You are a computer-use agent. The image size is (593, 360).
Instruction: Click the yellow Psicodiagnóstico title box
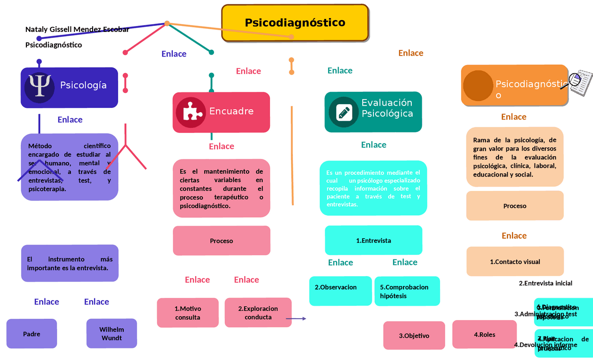[x=295, y=23]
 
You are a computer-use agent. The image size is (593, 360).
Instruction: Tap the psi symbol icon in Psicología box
[x=39, y=87]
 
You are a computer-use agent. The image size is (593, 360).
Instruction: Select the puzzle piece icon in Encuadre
[x=190, y=112]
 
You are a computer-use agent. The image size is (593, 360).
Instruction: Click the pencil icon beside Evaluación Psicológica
[x=343, y=112]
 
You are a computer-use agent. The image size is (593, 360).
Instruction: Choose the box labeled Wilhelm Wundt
[x=111, y=334]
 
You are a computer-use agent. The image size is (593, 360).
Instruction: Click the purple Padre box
[x=32, y=334]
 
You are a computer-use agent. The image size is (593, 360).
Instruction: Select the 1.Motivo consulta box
[x=188, y=313]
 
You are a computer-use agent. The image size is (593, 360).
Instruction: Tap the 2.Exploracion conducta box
[x=258, y=313]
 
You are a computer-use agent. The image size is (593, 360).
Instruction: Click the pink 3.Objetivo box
[x=414, y=335]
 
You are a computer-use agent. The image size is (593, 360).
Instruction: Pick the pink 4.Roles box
[x=484, y=334]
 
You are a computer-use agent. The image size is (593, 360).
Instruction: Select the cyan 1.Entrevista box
[x=373, y=240]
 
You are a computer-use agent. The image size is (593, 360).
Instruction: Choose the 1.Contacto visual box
[x=515, y=262]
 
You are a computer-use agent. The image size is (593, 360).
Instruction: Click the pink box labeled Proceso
[x=221, y=241]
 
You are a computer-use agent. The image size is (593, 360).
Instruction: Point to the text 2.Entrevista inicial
[x=545, y=283]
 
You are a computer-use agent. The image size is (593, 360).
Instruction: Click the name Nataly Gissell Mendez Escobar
[x=77, y=30]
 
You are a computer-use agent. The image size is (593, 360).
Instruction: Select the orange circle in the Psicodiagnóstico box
[x=478, y=86]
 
